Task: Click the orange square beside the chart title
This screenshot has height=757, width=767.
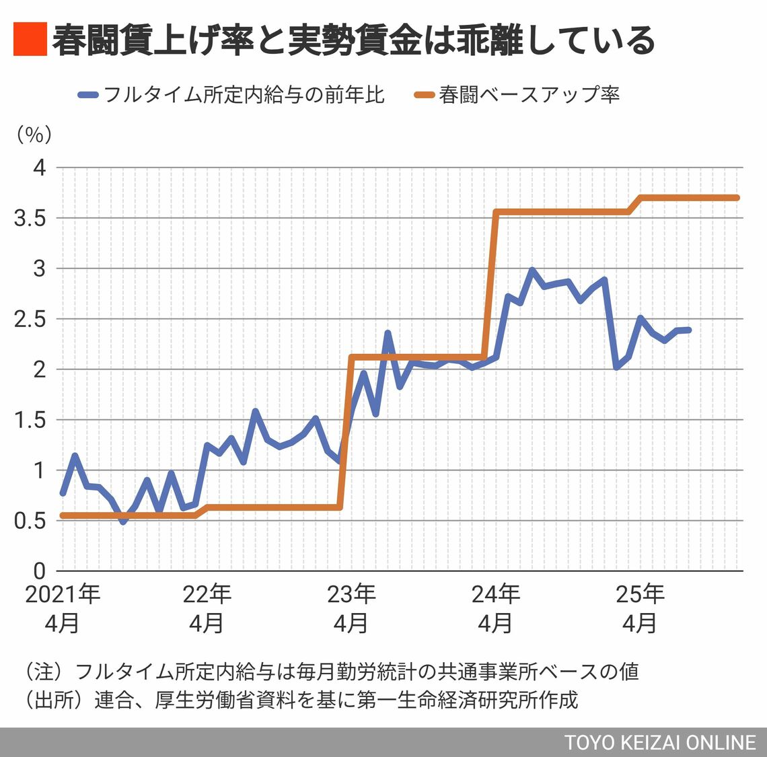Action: click(30, 39)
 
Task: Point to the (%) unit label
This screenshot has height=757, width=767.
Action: click(34, 135)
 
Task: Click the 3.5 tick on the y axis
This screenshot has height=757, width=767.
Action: click(30, 218)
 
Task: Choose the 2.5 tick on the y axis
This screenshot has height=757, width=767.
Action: click(30, 319)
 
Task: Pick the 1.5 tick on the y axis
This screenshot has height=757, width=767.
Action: click(30, 420)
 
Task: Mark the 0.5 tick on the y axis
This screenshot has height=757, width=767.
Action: click(30, 521)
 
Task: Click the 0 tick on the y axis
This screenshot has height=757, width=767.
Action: click(40, 571)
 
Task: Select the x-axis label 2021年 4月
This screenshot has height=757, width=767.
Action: click(63, 609)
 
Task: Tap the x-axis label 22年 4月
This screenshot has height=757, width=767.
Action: click(207, 609)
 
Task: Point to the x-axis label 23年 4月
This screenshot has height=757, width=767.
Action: click(351, 609)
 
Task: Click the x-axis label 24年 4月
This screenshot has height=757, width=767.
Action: click(495, 609)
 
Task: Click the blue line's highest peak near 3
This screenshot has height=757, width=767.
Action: click(532, 271)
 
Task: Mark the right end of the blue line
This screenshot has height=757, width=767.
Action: click(688, 330)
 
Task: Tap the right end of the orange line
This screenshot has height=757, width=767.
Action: click(737, 198)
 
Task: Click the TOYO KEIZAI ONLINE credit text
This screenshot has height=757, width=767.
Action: click(660, 742)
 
